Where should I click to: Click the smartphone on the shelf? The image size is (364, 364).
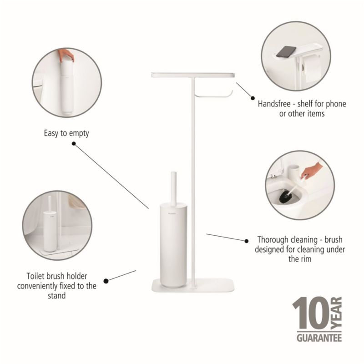pyautogui.click(x=286, y=51)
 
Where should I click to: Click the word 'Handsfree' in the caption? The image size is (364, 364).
pyautogui.click(x=274, y=104)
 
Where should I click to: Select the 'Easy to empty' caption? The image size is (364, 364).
pyautogui.click(x=66, y=133)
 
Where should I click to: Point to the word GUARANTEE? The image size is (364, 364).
pyautogui.click(x=319, y=338)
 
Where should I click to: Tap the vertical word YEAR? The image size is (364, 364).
pyautogui.click(x=336, y=313)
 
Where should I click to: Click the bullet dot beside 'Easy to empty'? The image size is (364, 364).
pyautogui.click(x=74, y=144)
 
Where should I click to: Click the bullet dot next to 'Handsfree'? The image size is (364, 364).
pyautogui.click(x=253, y=98)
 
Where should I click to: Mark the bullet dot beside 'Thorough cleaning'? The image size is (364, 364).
pyautogui.click(x=247, y=241)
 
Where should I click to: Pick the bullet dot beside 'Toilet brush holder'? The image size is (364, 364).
pyautogui.click(x=106, y=281)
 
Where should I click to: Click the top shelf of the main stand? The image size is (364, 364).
pyautogui.click(x=193, y=75)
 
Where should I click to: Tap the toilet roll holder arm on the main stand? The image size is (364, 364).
pyautogui.click(x=213, y=95)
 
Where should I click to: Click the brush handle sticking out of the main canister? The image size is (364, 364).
pyautogui.click(x=173, y=188)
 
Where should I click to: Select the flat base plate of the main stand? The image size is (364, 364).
pyautogui.click(x=193, y=286)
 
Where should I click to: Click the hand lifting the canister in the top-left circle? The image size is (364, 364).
pyautogui.click(x=66, y=55)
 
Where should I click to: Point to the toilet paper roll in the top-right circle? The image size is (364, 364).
pyautogui.click(x=312, y=69)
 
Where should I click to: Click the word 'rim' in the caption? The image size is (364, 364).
pyautogui.click(x=306, y=259)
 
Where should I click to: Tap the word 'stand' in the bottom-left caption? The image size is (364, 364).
pyautogui.click(x=56, y=296)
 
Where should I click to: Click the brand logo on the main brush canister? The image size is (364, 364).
pyautogui.click(x=172, y=212)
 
